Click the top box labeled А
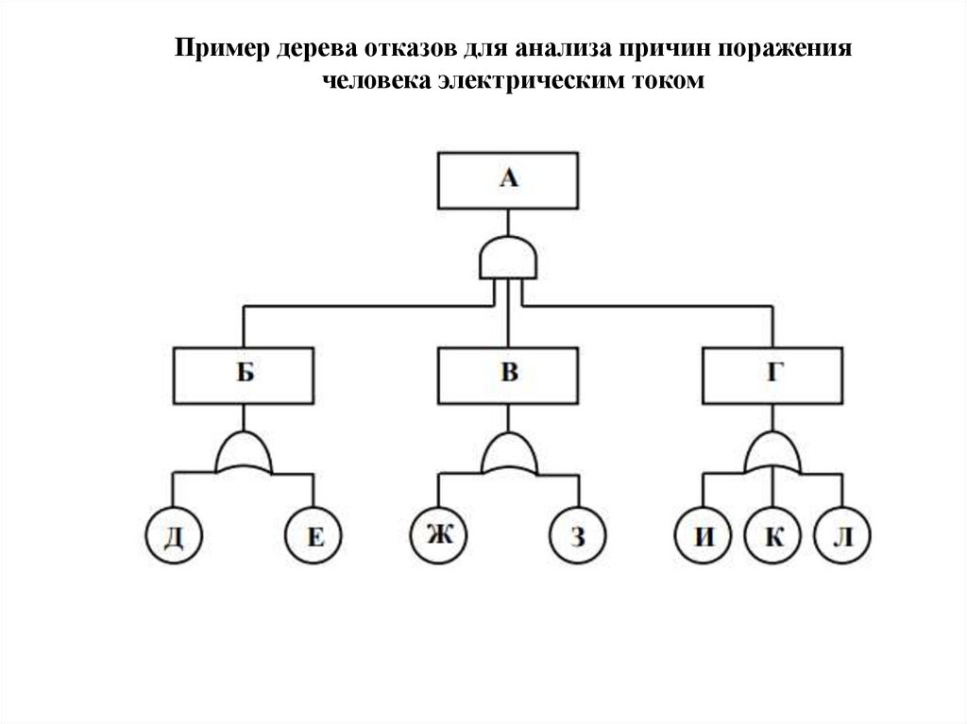tap(508, 180)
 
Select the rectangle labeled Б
tap(245, 375)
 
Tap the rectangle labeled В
tap(509, 375)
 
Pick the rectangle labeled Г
tap(773, 375)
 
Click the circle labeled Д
tap(174, 538)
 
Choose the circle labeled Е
tap(315, 538)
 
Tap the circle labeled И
tap(704, 538)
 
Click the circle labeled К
tap(773, 538)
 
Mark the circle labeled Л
tap(843, 538)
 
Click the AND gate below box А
tap(509, 258)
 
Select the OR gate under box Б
tap(245, 455)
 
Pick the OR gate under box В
tap(509, 455)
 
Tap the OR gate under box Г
tap(773, 455)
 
